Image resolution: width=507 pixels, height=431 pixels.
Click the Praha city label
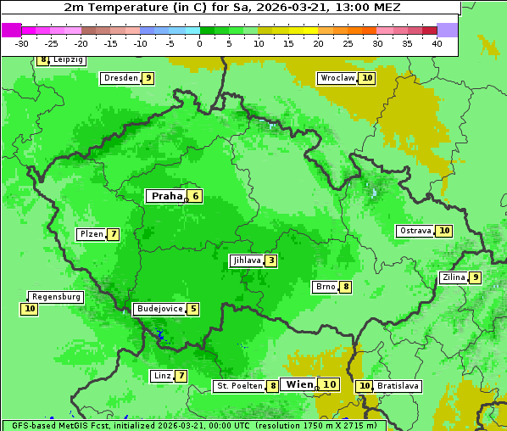[166, 196]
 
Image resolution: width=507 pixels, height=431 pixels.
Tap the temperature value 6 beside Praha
[195, 196]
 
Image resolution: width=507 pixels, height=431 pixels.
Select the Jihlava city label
[247, 260]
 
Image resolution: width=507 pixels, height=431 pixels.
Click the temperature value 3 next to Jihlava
[270, 260]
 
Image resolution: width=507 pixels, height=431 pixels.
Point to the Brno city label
[326, 287]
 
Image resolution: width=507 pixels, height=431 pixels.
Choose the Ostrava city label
[415, 231]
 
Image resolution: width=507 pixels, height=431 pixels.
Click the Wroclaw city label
[337, 78]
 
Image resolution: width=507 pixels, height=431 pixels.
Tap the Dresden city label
[120, 78]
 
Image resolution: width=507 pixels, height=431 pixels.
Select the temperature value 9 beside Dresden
[148, 78]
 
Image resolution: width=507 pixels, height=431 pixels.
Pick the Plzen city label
[91, 234]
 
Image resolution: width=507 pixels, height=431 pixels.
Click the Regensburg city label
[57, 297]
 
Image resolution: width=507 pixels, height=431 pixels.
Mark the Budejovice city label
[159, 309]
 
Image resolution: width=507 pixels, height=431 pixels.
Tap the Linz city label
[162, 376]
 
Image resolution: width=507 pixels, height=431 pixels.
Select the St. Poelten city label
[238, 386]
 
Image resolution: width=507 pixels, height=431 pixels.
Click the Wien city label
[299, 384]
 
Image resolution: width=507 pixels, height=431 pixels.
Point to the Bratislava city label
[398, 386]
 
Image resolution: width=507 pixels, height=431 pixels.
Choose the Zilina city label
[453, 277]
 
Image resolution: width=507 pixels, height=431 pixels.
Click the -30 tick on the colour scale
[22, 43]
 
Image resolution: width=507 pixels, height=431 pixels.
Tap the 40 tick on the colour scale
[437, 43]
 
